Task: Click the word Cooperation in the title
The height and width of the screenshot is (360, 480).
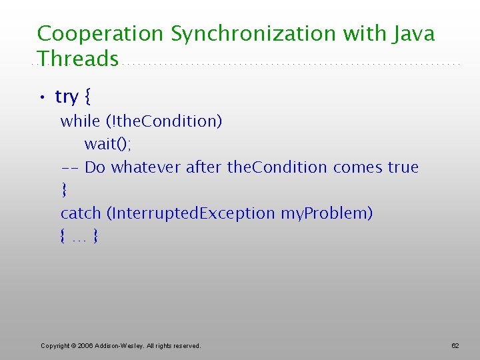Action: [101, 34]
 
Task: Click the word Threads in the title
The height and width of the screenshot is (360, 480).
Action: [78, 59]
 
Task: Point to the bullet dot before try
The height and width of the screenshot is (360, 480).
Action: [41, 98]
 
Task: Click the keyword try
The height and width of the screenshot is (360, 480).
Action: [67, 97]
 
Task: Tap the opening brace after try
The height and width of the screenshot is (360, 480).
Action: [88, 97]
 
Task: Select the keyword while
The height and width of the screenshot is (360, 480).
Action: [79, 121]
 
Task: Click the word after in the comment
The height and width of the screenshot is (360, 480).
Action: [204, 167]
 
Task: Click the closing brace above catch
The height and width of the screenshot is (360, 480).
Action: [64, 191]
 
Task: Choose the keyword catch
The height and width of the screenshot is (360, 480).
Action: [80, 213]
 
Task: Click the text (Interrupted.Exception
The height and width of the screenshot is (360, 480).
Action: [191, 213]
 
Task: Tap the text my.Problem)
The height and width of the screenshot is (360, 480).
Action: [327, 213]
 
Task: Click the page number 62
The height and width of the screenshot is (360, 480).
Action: [455, 345]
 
